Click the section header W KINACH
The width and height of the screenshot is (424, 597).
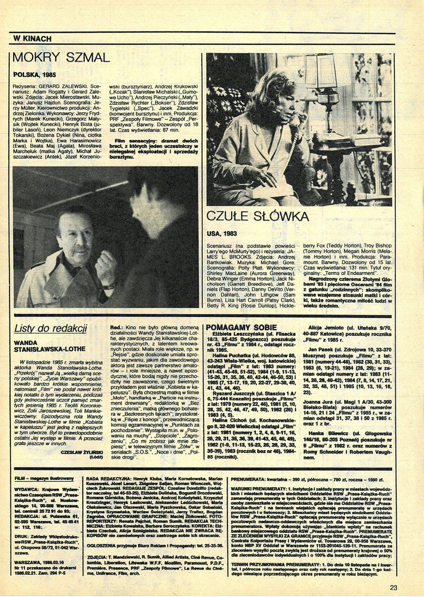click(x=32, y=39)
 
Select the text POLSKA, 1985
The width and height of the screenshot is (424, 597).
click(x=34, y=75)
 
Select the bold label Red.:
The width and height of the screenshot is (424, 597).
click(x=116, y=328)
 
